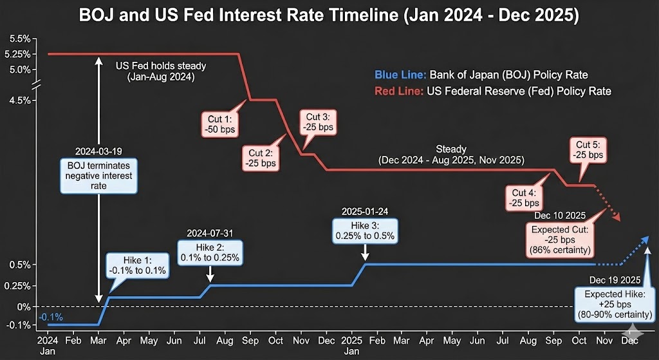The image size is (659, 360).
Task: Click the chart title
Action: coord(329,16)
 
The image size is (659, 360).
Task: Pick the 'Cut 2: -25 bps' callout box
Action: coord(260,158)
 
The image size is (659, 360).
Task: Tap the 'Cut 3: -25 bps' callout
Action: coord(317,122)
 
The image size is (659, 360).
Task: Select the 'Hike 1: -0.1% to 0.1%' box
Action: coord(138,265)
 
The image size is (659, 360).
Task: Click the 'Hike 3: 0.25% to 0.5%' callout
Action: coord(364,231)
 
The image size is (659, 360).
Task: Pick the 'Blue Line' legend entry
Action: coord(481,75)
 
